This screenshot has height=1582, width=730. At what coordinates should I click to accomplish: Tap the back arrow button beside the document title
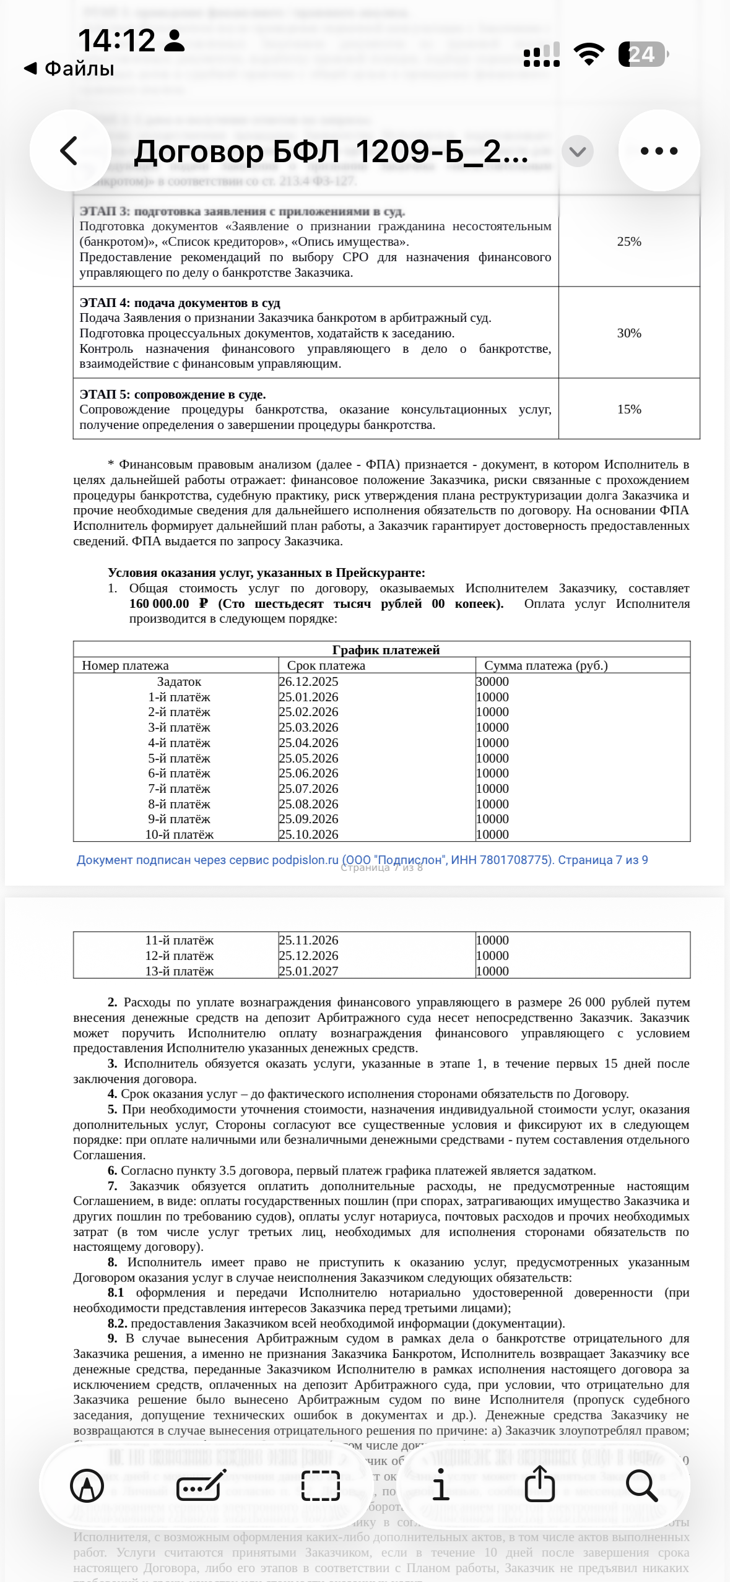click(x=69, y=150)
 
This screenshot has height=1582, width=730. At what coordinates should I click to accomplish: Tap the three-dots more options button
click(x=659, y=150)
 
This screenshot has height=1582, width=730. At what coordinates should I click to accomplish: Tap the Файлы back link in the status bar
click(x=69, y=68)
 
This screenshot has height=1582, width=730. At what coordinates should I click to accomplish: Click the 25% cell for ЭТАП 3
click(x=628, y=241)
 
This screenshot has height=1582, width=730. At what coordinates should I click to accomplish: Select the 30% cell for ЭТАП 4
click(x=628, y=333)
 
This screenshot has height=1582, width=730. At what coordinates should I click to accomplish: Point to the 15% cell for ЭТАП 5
click(x=628, y=409)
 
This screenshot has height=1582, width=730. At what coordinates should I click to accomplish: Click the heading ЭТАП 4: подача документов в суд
click(x=180, y=303)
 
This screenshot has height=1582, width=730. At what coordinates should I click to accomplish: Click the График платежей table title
click(x=385, y=649)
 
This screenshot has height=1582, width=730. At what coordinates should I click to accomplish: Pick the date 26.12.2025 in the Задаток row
click(x=308, y=681)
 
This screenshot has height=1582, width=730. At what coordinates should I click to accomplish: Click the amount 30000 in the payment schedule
click(x=492, y=681)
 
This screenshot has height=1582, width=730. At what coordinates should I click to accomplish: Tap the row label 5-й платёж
click(x=179, y=758)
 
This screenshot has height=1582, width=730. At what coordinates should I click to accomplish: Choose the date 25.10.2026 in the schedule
click(x=308, y=834)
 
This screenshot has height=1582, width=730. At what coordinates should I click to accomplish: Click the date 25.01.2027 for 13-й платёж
click(x=308, y=971)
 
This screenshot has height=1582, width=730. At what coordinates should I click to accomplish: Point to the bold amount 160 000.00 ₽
click(x=168, y=603)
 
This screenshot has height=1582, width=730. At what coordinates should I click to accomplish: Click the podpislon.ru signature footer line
click(x=362, y=860)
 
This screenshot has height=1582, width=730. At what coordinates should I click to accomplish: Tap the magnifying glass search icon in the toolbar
click(x=641, y=1485)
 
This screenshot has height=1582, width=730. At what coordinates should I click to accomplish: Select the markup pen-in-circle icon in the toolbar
click(x=87, y=1485)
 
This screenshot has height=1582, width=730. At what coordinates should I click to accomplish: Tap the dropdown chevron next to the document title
click(x=577, y=151)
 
